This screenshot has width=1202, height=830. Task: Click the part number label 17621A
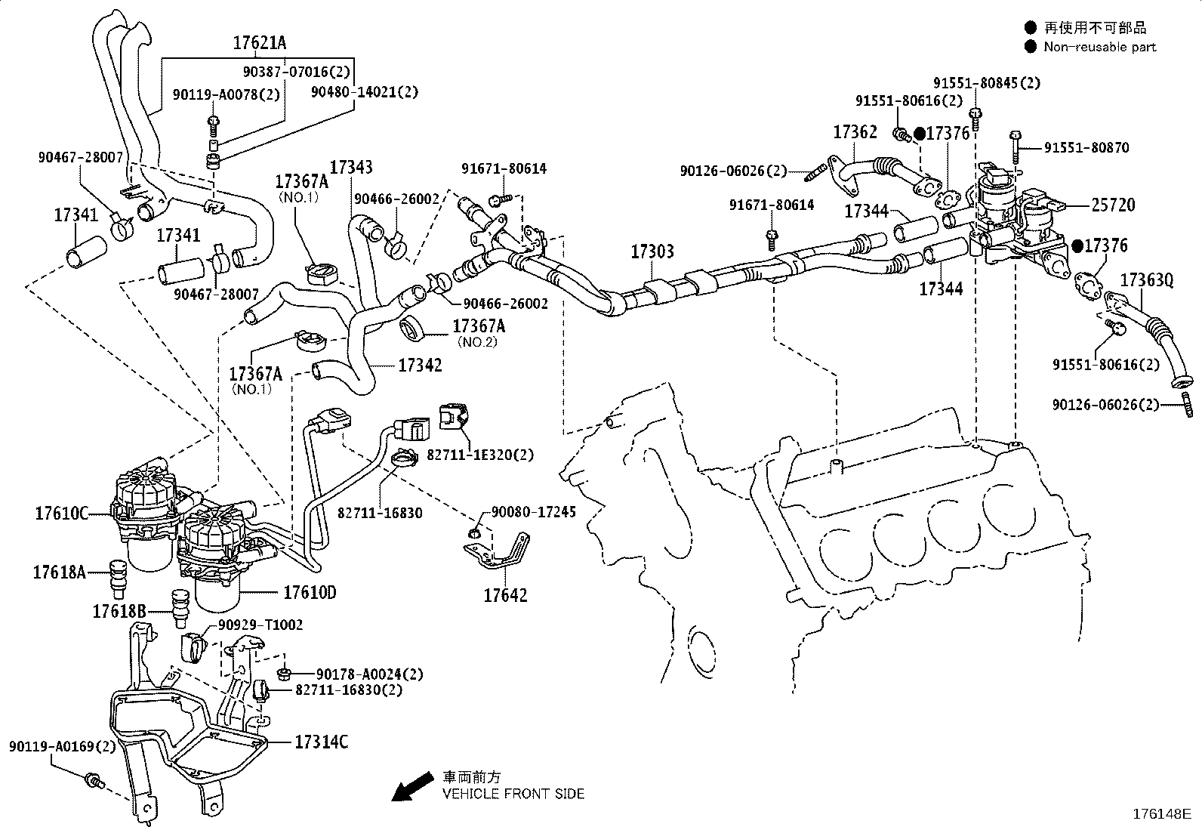coord(260,43)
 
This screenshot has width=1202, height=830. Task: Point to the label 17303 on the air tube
coord(652,251)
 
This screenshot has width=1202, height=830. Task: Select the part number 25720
coord(1114,205)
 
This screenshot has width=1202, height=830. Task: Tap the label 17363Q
coord(1147,279)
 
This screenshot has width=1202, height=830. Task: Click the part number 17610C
coord(61,514)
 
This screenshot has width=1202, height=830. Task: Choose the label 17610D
coord(310,593)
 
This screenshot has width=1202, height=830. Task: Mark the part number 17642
coord(505,595)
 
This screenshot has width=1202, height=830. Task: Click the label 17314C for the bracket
coord(322,742)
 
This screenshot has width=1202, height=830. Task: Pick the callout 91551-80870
coord(1086,147)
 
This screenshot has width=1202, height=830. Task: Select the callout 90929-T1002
coord(260,625)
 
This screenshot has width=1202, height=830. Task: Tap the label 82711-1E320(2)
coord(480,455)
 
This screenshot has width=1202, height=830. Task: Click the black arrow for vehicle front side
coord(411,786)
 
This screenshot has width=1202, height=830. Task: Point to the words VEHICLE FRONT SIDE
coord(513,794)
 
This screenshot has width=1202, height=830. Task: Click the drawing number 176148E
coord(1162,814)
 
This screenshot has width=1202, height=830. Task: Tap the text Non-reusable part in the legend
coord(1099,48)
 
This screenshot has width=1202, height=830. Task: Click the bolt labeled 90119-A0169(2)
coord(94,781)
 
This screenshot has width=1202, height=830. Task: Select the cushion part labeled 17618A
coord(117,579)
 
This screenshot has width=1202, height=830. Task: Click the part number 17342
coord(420,365)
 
